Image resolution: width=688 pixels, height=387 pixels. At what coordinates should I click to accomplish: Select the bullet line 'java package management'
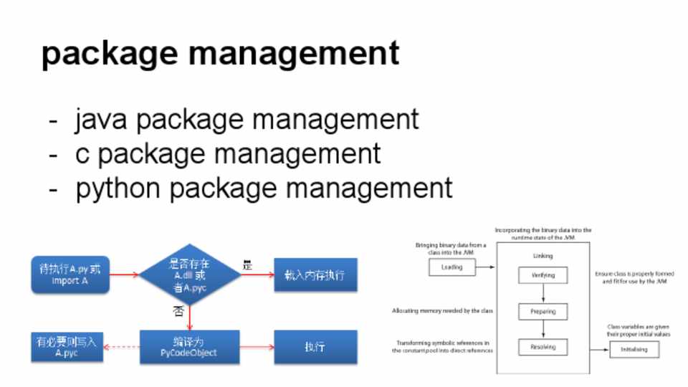[x=246, y=120]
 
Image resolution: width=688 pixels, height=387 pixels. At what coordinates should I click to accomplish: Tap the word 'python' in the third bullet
[x=118, y=188]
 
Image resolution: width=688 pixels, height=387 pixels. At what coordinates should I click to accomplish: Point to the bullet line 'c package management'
[x=228, y=154]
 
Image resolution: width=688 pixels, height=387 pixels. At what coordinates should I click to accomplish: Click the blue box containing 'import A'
[x=70, y=274]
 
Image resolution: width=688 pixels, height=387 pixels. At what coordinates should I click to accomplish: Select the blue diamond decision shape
[x=189, y=274]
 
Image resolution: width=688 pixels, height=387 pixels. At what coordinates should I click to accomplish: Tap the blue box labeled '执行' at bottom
[x=315, y=347]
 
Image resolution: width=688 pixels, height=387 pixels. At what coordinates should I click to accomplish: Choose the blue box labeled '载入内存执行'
[x=315, y=274]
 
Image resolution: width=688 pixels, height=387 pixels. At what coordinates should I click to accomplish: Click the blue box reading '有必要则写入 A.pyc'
[x=67, y=347]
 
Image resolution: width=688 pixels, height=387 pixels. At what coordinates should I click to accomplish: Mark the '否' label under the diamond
[x=178, y=311]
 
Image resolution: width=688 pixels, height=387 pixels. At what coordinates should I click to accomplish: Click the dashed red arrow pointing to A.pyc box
[x=121, y=347]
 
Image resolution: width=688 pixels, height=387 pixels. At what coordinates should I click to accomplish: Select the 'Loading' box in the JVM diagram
[x=452, y=267]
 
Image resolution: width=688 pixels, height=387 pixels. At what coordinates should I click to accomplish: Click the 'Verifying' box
[x=543, y=275]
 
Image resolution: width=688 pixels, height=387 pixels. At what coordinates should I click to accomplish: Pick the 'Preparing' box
[x=543, y=312]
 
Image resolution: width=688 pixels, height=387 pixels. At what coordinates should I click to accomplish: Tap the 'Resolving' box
[x=543, y=348]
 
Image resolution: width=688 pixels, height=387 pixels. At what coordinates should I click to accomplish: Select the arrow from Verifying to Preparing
[x=543, y=294]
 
